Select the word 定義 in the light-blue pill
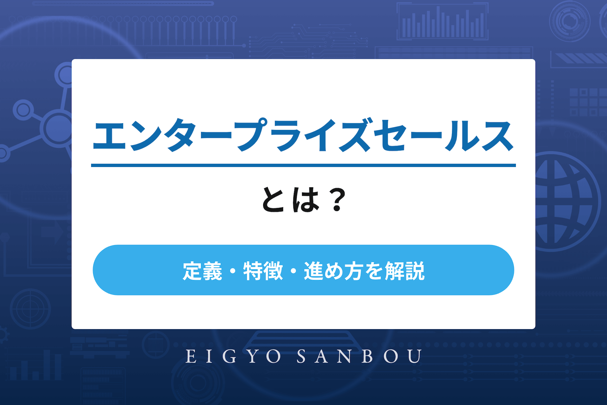(202, 271)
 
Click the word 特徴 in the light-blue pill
(263, 271)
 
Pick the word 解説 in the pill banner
(405, 271)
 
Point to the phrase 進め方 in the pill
(334, 271)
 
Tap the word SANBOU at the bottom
(359, 356)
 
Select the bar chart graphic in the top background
(442, 22)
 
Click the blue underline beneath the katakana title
(303, 165)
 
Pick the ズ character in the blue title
(354, 135)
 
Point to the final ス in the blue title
(497, 136)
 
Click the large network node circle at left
(58, 128)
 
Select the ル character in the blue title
(460, 136)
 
